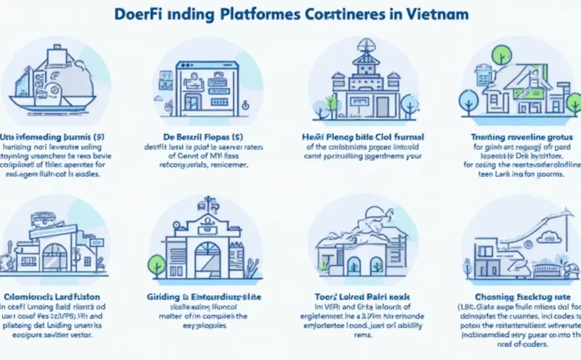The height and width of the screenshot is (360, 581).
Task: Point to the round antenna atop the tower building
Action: click(x=365, y=46)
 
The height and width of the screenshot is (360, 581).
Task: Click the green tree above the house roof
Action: click(x=501, y=55)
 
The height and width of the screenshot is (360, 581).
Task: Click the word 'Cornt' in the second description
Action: click(x=181, y=156)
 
